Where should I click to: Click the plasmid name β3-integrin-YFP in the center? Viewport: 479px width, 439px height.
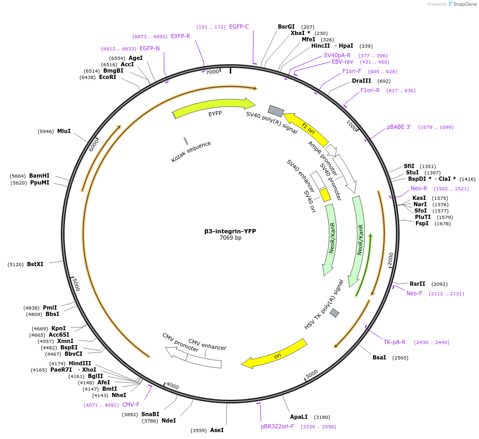click(230, 231)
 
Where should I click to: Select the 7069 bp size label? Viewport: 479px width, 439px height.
click(230, 238)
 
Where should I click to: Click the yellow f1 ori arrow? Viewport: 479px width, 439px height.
click(306, 127)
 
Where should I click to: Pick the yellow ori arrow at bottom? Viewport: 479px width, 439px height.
click(275, 354)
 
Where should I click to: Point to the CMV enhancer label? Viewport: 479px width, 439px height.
click(207, 345)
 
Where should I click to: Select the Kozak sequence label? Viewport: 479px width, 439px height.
click(191, 152)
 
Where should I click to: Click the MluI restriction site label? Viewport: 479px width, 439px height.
click(64, 131)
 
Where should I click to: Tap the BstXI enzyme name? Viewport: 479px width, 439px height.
click(35, 264)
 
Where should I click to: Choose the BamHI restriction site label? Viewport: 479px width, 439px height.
click(39, 175)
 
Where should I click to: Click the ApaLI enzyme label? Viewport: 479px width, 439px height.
click(299, 417)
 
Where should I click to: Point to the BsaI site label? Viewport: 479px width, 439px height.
click(379, 357)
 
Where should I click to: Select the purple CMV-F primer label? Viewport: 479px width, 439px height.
click(131, 405)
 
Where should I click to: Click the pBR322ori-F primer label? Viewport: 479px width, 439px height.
click(277, 426)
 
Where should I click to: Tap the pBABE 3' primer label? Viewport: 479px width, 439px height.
click(399, 127)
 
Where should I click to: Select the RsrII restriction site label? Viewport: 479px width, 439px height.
click(417, 284)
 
